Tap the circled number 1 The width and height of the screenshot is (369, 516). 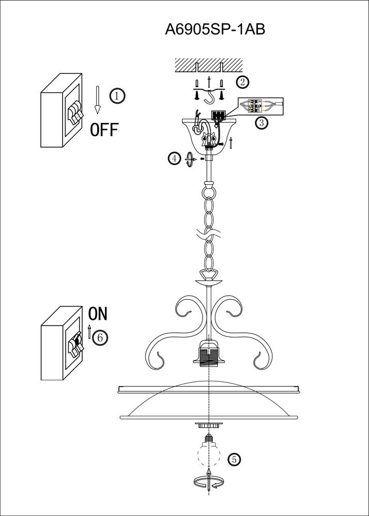point(118,95)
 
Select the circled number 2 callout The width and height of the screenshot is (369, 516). point(242,82)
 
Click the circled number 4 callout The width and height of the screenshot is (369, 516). point(175,159)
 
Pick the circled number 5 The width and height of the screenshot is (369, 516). point(234,459)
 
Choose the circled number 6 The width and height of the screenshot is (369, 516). point(100,337)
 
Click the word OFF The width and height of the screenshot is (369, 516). point(104,130)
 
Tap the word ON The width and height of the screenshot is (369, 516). point(98,314)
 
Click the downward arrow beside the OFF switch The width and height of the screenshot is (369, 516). point(97,100)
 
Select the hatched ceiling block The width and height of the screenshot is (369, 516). point(209,65)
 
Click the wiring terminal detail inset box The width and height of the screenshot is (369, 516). point(262,106)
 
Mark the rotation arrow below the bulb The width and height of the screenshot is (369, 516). point(209,482)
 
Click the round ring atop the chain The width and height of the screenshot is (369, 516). point(209,192)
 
